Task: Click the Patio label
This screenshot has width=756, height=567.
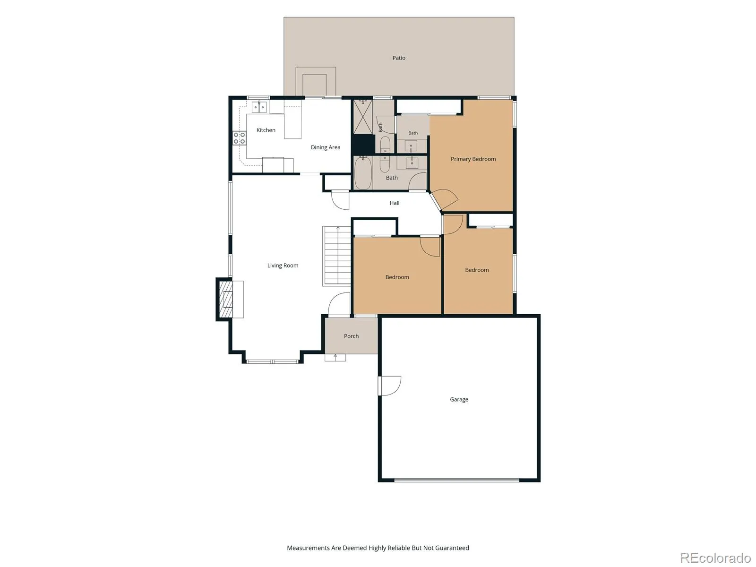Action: click(398, 58)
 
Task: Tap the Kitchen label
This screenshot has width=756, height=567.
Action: click(266, 130)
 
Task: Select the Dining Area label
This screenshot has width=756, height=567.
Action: click(325, 147)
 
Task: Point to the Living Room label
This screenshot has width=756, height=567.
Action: click(283, 266)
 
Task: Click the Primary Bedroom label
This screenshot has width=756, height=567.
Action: click(473, 159)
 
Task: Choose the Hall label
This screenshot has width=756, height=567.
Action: click(395, 203)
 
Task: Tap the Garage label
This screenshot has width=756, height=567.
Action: click(459, 399)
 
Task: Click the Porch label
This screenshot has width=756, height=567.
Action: click(351, 336)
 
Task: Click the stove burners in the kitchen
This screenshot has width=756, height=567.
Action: click(239, 138)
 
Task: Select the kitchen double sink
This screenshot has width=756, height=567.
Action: click(259, 107)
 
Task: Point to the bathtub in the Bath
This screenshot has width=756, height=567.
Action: click(363, 173)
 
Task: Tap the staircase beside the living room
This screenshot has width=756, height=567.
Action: click(336, 256)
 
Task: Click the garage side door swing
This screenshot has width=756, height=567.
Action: click(390, 386)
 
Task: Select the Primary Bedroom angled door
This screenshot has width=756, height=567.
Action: click(444, 200)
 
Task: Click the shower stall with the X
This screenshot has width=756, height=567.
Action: click(363, 117)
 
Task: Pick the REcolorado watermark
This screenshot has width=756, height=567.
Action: click(715, 558)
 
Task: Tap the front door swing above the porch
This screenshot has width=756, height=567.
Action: click(339, 304)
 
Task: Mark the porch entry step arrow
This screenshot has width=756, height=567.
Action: click(335, 357)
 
